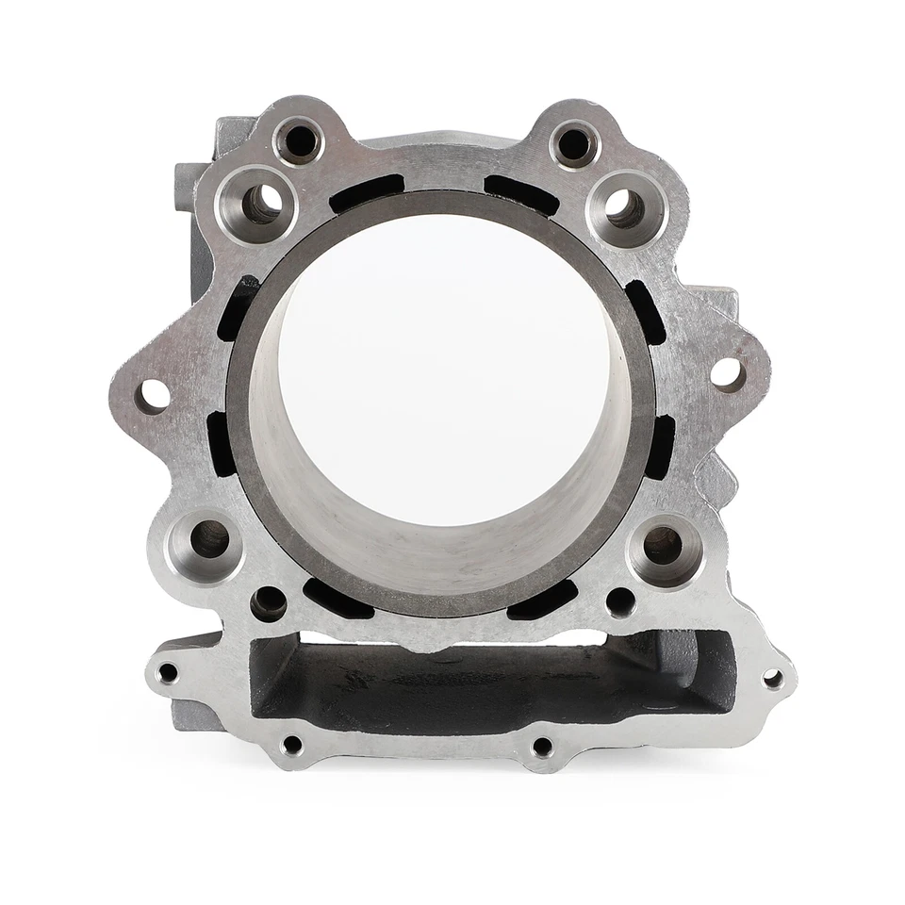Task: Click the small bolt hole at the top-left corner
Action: (300, 141)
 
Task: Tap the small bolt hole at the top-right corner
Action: (573, 144)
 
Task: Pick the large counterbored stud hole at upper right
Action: (624, 207)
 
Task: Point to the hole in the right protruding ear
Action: (728, 374)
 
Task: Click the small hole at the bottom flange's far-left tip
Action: (168, 673)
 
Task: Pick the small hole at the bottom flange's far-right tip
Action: (772, 678)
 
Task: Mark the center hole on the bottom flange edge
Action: (542, 748)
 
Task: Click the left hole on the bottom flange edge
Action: (292, 745)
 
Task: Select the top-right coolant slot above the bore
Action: (521, 194)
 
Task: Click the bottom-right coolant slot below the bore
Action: (543, 601)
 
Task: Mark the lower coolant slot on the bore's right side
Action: (659, 447)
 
